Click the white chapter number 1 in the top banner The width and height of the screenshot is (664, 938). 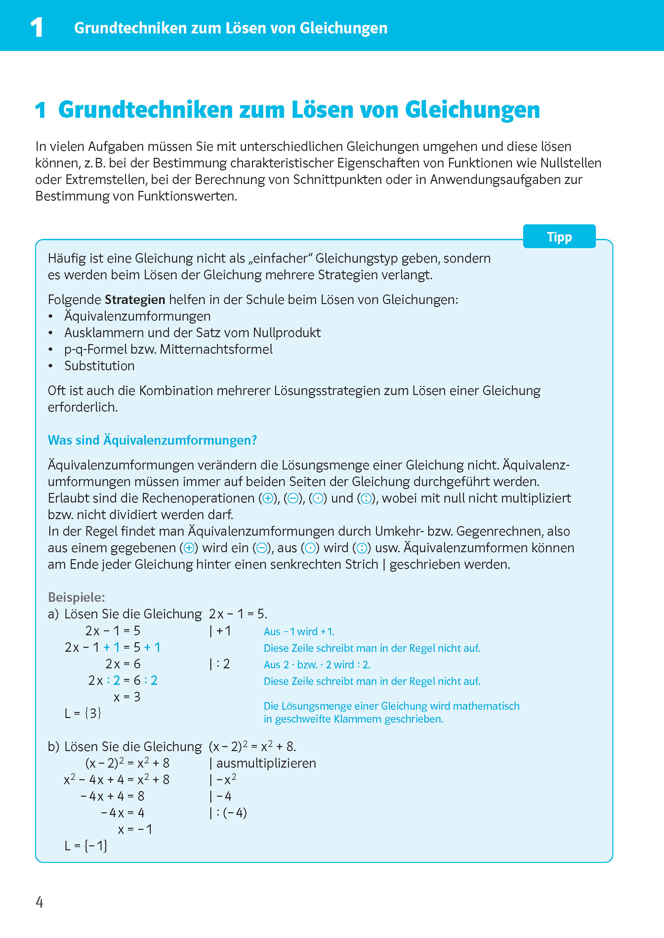pyautogui.click(x=37, y=28)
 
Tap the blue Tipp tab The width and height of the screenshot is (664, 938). pyautogui.click(x=559, y=237)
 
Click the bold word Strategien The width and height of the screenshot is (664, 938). pyautogui.click(x=135, y=300)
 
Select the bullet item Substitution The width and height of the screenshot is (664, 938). pyautogui.click(x=99, y=366)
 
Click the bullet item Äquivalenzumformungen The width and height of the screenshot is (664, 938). pyautogui.click(x=137, y=316)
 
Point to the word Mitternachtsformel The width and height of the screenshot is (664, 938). pyautogui.click(x=216, y=349)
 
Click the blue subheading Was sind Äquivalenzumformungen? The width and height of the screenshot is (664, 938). pyautogui.click(x=152, y=440)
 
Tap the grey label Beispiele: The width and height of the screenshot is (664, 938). pyautogui.click(x=76, y=597)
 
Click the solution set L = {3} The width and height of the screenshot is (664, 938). pyautogui.click(x=83, y=713)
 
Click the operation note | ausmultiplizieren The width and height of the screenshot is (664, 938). pyautogui.click(x=263, y=763)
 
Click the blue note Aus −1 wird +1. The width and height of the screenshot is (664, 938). pyautogui.click(x=299, y=632)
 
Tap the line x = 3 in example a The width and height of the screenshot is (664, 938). pyautogui.click(x=127, y=697)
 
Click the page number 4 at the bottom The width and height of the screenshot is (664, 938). pyautogui.click(x=39, y=902)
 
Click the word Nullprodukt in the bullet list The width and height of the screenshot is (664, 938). pyautogui.click(x=287, y=333)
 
